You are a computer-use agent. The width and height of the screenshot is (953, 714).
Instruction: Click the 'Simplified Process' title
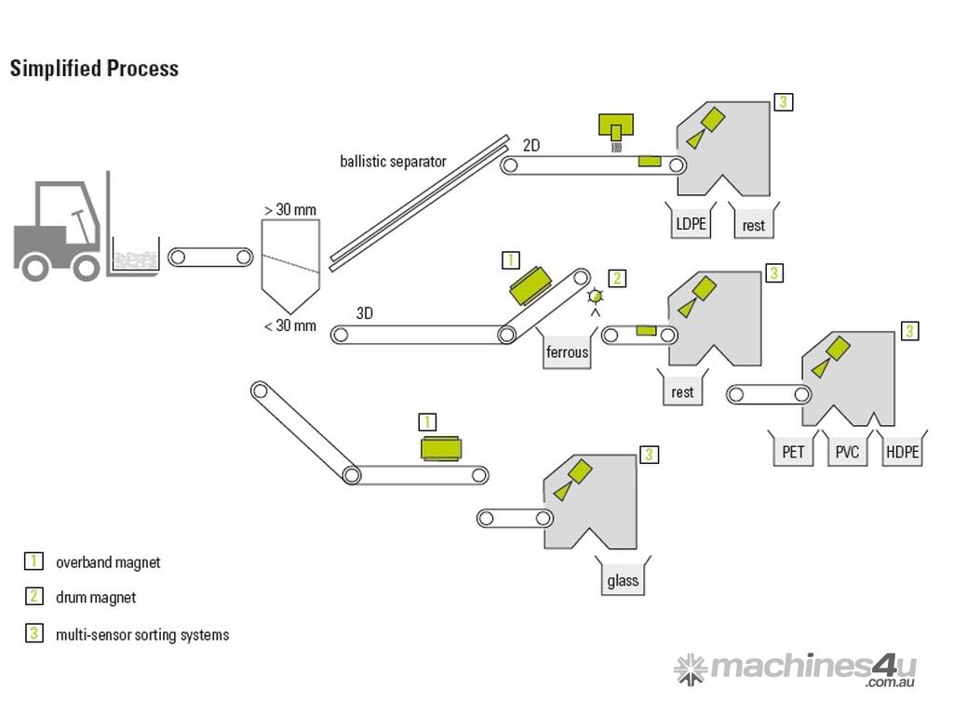94,69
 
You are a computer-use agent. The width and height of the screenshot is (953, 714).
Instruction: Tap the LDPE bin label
690,224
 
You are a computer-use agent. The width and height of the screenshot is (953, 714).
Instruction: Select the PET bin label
793,453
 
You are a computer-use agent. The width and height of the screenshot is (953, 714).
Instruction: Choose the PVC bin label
847,453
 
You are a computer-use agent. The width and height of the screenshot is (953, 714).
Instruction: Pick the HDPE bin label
902,453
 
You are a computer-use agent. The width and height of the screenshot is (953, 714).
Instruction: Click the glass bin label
623,581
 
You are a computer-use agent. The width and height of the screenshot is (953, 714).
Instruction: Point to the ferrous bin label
567,352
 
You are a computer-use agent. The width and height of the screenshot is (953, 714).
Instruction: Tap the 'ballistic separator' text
393,161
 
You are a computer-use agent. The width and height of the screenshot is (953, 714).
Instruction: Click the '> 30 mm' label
289,209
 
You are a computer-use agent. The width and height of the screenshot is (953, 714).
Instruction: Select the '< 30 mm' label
289,325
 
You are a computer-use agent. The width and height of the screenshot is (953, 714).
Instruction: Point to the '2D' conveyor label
531,146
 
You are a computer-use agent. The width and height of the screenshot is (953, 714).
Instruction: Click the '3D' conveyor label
365,313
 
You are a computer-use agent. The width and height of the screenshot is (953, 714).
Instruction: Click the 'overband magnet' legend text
108,562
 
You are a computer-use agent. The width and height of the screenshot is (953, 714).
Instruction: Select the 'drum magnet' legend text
96,598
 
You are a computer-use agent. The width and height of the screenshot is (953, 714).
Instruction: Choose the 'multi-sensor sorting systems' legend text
142,635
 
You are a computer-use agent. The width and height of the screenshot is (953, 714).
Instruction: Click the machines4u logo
796,668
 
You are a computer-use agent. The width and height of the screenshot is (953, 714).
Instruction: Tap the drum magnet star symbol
596,296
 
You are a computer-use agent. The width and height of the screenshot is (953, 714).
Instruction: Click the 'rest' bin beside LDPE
754,225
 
